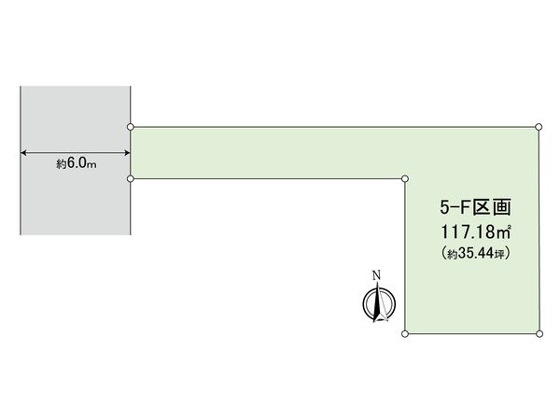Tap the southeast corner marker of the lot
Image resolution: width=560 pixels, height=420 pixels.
tap(539, 332)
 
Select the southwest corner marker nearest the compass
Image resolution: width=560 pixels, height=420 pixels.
tap(406, 332)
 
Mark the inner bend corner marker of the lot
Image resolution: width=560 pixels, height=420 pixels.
tap(406, 177)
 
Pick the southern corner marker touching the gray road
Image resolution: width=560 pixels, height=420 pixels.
tap(131, 177)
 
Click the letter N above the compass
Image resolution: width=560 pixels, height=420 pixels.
tap(377, 275)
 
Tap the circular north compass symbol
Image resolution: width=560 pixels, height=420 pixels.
tap(379, 304)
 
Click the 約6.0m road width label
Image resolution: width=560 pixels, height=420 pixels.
tap(76, 163)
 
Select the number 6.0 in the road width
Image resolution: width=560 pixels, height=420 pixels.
tap(78, 163)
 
